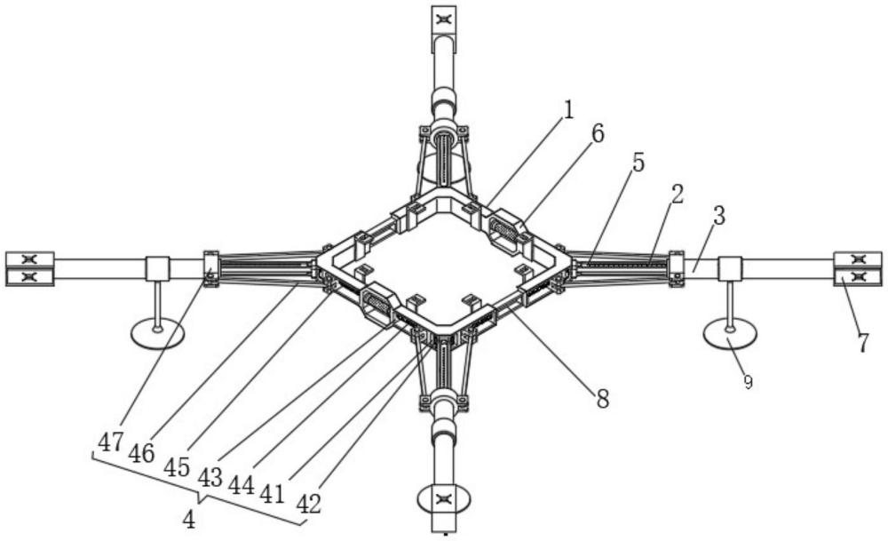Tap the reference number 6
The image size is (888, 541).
click(x=597, y=134)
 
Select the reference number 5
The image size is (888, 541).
click(x=638, y=163)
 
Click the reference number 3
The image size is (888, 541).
click(x=718, y=216)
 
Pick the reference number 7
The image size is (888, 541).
click(x=862, y=342)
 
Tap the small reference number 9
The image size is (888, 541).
click(x=747, y=382)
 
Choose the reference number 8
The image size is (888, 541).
click(x=603, y=399)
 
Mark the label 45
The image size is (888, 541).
click(x=178, y=466)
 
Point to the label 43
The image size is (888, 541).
click(x=210, y=478)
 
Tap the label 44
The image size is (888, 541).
click(x=242, y=486)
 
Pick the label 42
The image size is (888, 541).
click(x=307, y=504)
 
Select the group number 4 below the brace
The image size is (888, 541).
click(x=188, y=520)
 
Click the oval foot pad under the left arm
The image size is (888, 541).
click(x=157, y=334)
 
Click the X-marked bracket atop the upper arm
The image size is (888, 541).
click(x=443, y=19)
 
